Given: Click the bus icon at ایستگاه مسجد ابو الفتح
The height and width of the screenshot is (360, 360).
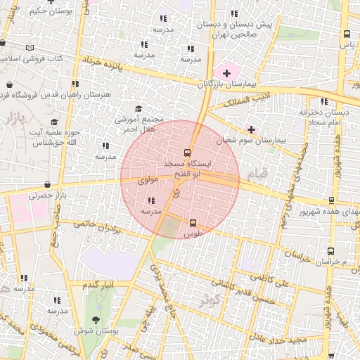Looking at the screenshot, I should [x=187, y=153].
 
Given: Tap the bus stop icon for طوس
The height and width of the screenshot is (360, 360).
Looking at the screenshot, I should [x=193, y=223].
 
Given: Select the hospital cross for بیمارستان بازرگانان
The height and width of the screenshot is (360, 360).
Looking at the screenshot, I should [x=226, y=73].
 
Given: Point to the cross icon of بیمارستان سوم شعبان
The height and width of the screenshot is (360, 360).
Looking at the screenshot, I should [x=251, y=129].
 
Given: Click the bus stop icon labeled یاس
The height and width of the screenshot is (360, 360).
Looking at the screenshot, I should [x=347, y=34].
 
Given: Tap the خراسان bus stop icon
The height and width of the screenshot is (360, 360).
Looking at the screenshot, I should [x=331, y=251].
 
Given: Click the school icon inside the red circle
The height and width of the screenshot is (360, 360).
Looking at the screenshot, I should [x=153, y=200].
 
